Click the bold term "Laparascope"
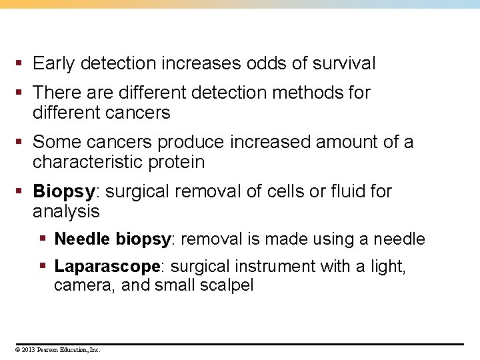tap(107, 267)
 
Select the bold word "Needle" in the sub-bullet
tap(83, 239)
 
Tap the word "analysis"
tap(66, 212)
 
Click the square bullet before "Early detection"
tap(21, 64)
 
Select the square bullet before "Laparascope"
tap(43, 267)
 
